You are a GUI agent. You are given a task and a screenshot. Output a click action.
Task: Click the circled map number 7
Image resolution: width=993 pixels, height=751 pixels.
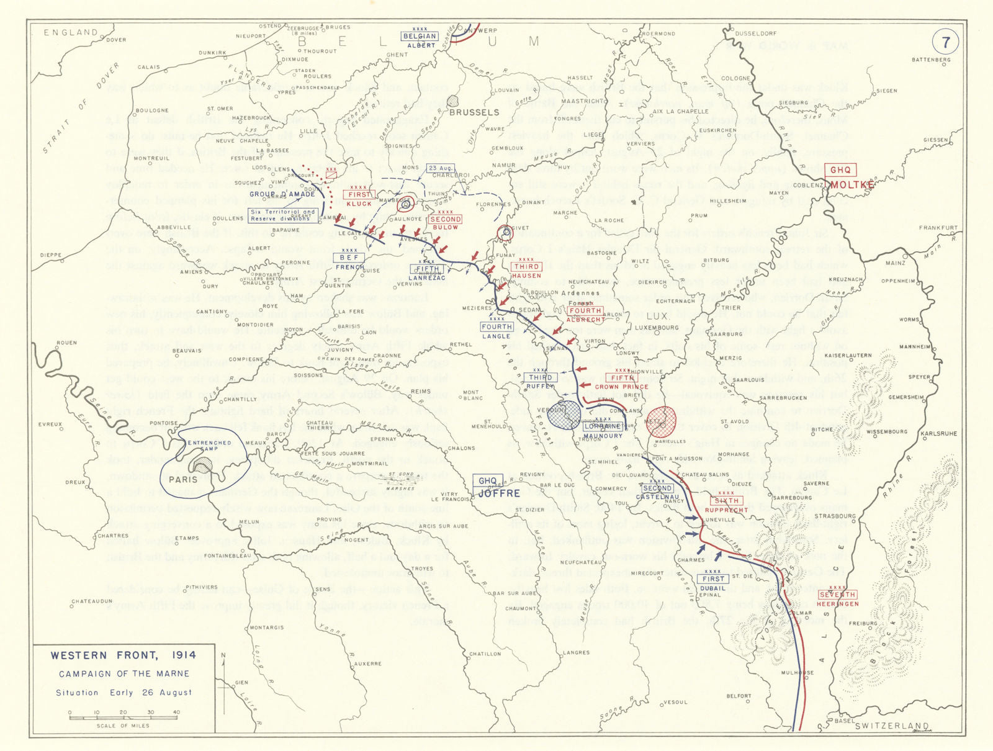point(945,42)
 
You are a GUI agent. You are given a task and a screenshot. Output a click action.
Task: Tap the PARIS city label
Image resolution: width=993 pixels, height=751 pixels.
point(183,479)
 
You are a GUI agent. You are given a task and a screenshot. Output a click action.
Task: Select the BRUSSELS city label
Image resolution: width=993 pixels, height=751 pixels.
point(474,112)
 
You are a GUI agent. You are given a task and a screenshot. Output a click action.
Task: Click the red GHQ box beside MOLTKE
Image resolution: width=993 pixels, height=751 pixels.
point(841,170)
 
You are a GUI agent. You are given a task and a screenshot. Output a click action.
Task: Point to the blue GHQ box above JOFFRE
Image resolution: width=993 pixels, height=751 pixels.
point(488,480)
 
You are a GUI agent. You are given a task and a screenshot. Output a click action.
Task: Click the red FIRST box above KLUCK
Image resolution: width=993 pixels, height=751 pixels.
point(359,194)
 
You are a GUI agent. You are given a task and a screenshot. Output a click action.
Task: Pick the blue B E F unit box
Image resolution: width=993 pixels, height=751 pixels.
point(349,258)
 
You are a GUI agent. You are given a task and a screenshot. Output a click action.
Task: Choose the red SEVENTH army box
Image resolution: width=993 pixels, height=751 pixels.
point(838,595)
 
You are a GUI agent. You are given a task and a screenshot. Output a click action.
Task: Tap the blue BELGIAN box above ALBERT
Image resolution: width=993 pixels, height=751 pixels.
point(420,36)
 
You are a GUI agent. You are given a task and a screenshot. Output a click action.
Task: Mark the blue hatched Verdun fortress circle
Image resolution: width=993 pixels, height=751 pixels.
point(565,415)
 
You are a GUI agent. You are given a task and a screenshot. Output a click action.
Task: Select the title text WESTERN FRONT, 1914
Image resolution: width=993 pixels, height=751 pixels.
point(123,655)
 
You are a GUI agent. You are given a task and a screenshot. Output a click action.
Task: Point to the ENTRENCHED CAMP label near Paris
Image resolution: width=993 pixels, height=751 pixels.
point(209,446)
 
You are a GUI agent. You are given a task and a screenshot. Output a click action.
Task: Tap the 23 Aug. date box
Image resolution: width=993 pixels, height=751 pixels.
point(441,168)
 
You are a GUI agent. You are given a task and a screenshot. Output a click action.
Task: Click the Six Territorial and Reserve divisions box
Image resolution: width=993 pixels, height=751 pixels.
point(283,215)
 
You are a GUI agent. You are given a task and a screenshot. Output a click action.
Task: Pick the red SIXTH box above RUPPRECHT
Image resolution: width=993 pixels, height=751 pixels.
point(727,501)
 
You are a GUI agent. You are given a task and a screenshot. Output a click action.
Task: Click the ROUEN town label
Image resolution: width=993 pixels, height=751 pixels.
point(66,343)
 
